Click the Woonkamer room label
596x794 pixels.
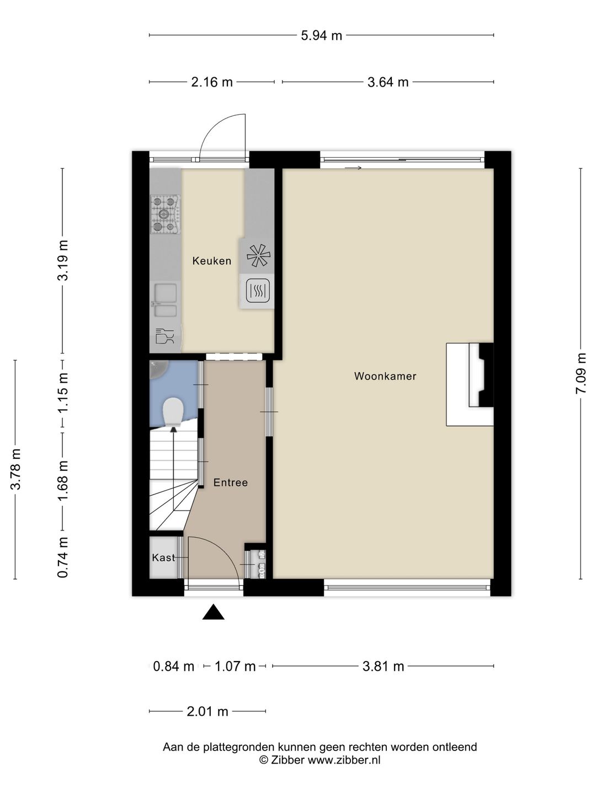tap(385, 377)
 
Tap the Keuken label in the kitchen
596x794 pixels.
tap(211, 261)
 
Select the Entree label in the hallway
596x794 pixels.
tap(230, 482)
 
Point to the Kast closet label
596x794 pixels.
tap(163, 557)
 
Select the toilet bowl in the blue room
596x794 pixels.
tap(173, 411)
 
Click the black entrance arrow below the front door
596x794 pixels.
tap(213, 613)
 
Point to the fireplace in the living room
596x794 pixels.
tap(470, 384)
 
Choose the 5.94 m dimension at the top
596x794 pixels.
tap(321, 36)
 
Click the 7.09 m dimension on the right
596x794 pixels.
tap(581, 373)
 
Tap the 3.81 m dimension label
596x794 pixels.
tap(383, 666)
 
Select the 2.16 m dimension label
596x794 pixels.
tap(211, 82)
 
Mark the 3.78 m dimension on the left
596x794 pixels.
tap(15, 469)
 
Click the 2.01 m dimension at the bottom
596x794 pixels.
tap(207, 711)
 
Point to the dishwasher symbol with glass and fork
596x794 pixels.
tap(164, 336)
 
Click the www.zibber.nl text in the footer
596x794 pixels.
tap(343, 760)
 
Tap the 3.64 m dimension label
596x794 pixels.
tap(387, 82)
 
